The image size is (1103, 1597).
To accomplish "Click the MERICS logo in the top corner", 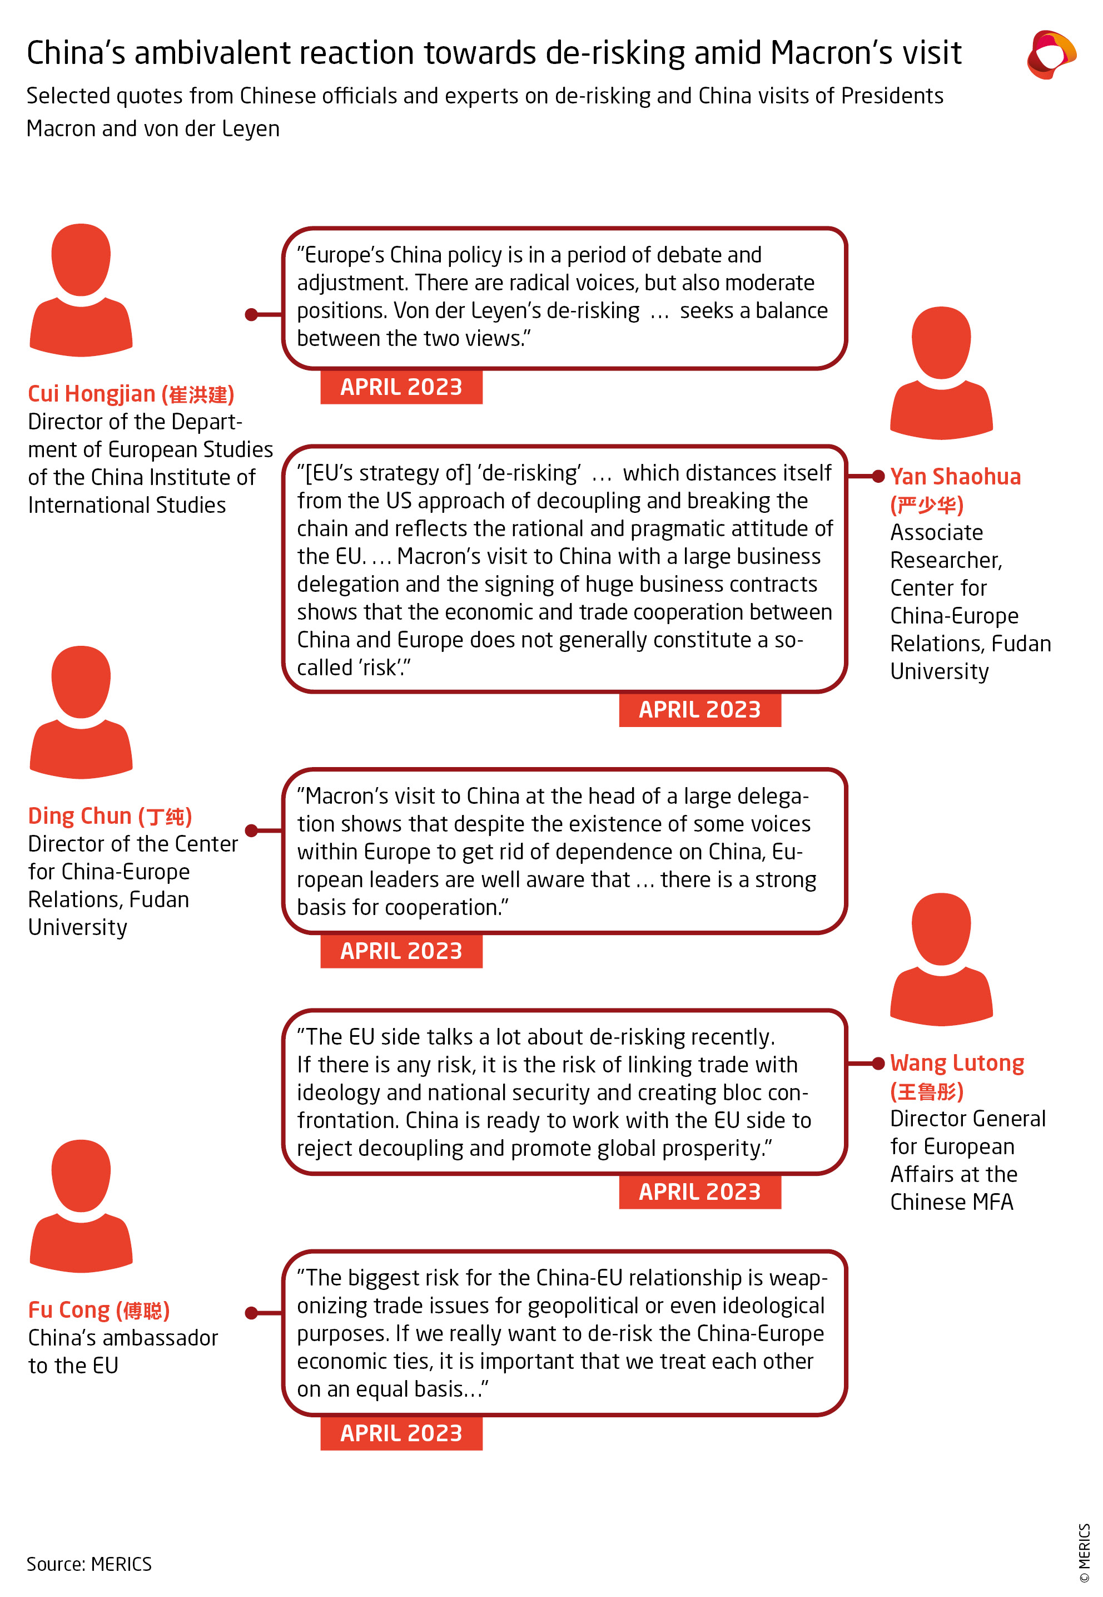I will pos(1051,54).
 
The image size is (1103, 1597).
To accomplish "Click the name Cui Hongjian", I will pos(91,394).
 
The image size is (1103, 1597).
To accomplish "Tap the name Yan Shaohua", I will pos(955,477).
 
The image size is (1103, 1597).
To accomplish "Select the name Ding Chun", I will pos(79,817).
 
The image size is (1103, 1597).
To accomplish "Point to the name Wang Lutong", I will pos(956,1064).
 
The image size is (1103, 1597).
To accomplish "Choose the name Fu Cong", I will pos(68,1310).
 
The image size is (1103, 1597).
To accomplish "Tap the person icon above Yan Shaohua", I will pos(941,373).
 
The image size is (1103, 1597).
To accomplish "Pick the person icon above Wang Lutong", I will pos(941,959).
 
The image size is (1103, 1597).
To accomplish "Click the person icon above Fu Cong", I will pos(81,1206).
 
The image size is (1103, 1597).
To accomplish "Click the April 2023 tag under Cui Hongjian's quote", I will pos(401,387).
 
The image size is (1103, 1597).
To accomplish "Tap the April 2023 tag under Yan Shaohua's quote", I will pos(699,710).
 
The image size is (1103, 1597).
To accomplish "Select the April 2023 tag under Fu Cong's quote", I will pos(401,1434).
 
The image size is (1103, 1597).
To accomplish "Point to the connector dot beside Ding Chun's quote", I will pos(251,830).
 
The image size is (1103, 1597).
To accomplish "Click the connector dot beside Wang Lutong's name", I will pos(878,1064).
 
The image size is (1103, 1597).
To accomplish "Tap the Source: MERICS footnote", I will pos(89,1565).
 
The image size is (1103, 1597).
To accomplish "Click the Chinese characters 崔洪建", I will pos(198,395).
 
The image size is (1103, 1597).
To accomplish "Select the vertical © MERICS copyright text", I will pos(1084,1552).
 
